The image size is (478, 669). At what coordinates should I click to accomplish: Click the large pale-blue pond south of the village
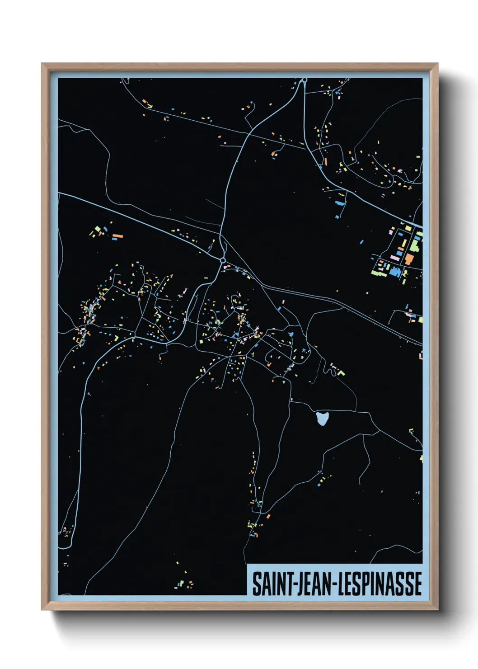click(x=322, y=419)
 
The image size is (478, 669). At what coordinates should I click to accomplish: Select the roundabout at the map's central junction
click(x=222, y=261)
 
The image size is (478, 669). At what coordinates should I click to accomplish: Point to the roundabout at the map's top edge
click(x=305, y=80)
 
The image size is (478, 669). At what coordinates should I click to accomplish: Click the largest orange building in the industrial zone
click(x=409, y=259)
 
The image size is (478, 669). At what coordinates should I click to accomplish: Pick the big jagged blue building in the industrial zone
click(x=395, y=272)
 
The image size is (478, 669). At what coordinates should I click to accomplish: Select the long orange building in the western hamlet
click(x=117, y=236)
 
